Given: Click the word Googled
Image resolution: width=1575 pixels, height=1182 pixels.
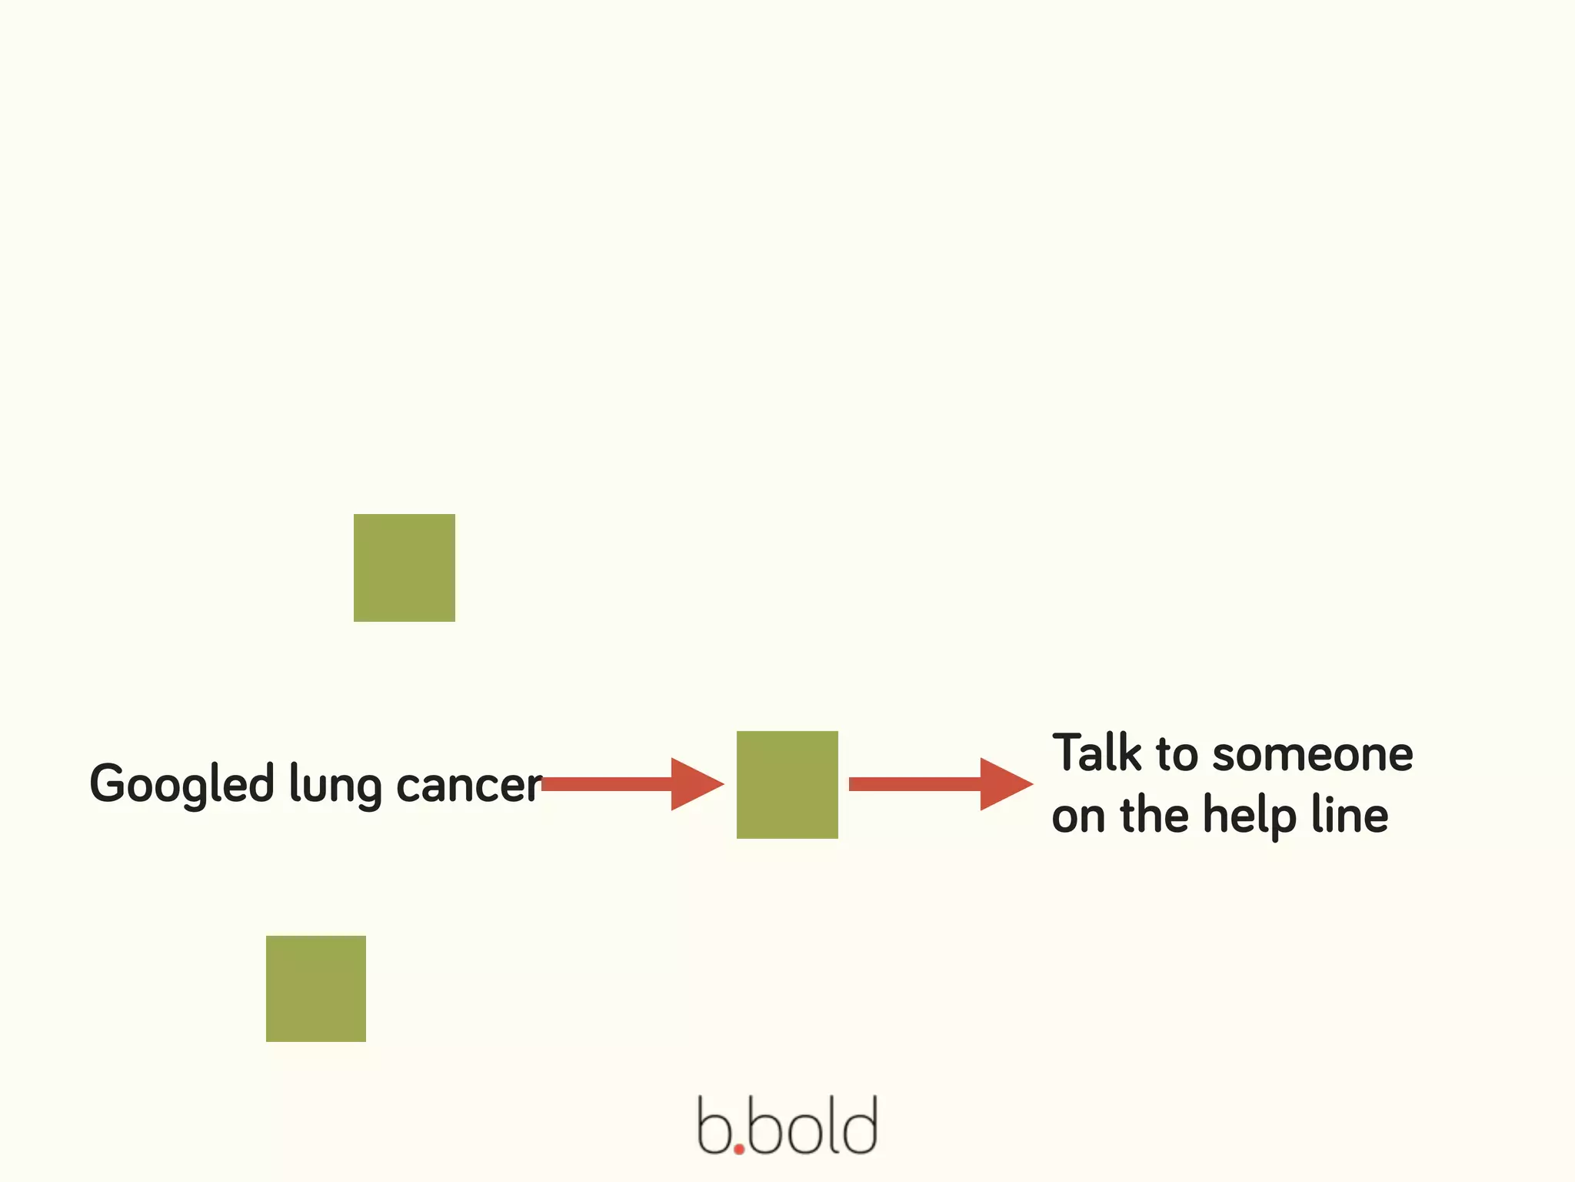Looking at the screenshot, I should point(182,785).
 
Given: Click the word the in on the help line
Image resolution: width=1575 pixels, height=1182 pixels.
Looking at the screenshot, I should point(1154,815).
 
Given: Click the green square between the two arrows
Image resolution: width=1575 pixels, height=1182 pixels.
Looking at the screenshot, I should point(787,784).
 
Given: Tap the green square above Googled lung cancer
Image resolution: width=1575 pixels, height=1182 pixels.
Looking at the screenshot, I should point(404,567).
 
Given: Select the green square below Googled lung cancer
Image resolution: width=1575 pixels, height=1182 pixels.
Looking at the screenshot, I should point(315,988).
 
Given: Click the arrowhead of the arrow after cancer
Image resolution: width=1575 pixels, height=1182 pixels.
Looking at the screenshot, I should point(694,784).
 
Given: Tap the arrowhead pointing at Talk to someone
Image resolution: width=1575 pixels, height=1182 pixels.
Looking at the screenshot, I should point(1004,784).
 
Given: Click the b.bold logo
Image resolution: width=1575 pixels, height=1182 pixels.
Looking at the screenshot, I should point(787,1126).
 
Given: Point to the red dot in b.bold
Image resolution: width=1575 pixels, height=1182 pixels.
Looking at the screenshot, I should point(739,1149).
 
